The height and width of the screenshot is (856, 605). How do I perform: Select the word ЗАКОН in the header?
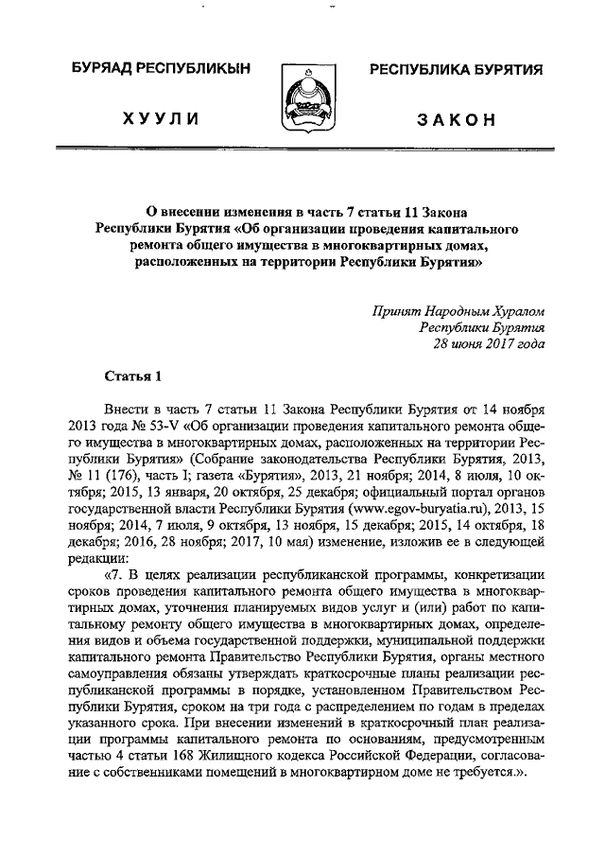coord(455,119)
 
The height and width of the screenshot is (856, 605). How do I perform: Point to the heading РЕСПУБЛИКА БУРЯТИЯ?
coord(455,71)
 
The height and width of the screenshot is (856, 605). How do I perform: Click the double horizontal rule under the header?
coord(302,149)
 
